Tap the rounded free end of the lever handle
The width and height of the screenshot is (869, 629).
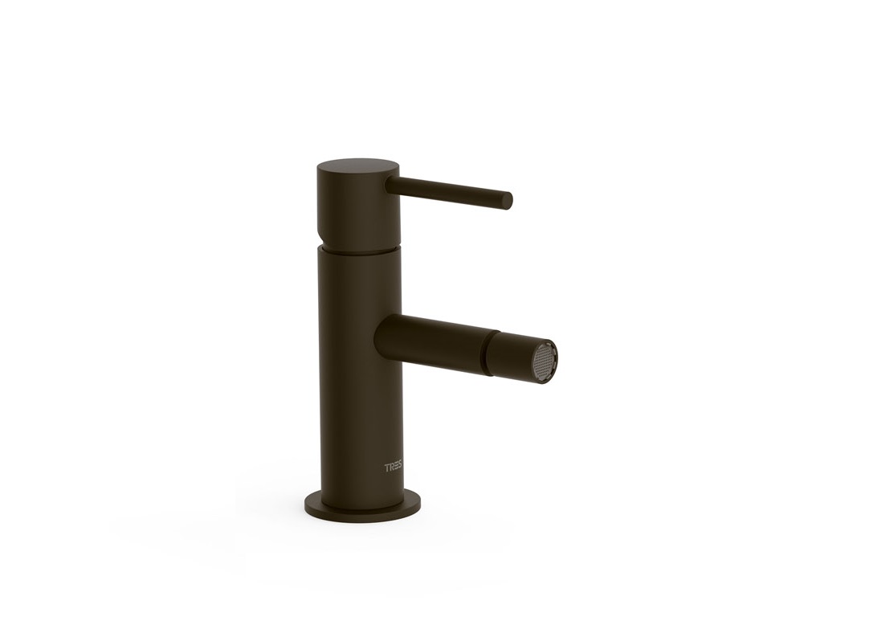pyautogui.click(x=507, y=201)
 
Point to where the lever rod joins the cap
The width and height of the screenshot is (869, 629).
pyautogui.click(x=394, y=183)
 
